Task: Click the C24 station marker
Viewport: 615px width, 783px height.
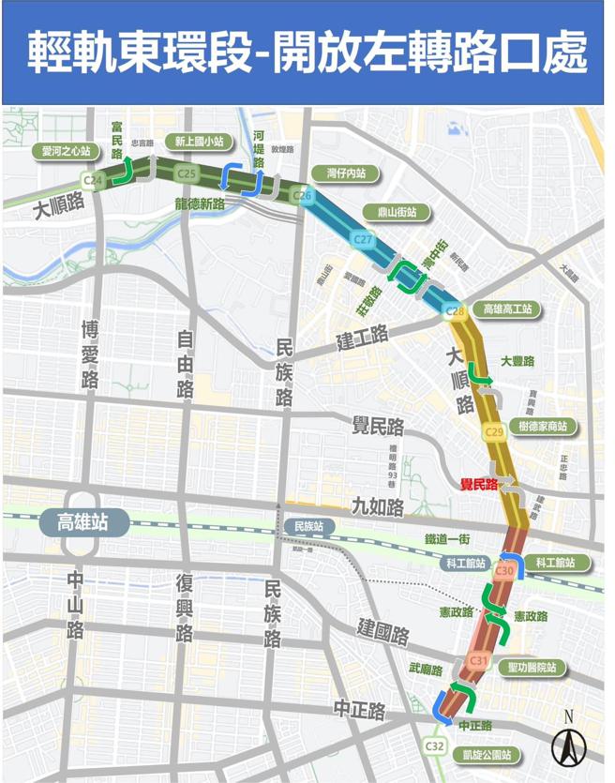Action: (x=93, y=180)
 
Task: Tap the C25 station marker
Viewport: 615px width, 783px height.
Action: (x=187, y=173)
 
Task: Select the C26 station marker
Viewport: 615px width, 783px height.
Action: (x=302, y=195)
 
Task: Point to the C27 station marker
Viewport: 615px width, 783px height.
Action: (x=364, y=240)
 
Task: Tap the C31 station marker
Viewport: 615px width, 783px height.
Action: (x=478, y=661)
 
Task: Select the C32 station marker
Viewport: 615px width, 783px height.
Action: (x=434, y=745)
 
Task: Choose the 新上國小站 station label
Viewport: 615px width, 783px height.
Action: (x=200, y=142)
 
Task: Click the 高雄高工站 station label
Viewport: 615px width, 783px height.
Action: (x=507, y=309)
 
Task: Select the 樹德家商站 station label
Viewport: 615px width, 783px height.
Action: (x=543, y=426)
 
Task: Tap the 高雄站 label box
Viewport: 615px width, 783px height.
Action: (x=83, y=521)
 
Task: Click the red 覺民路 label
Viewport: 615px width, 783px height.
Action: (x=478, y=485)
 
